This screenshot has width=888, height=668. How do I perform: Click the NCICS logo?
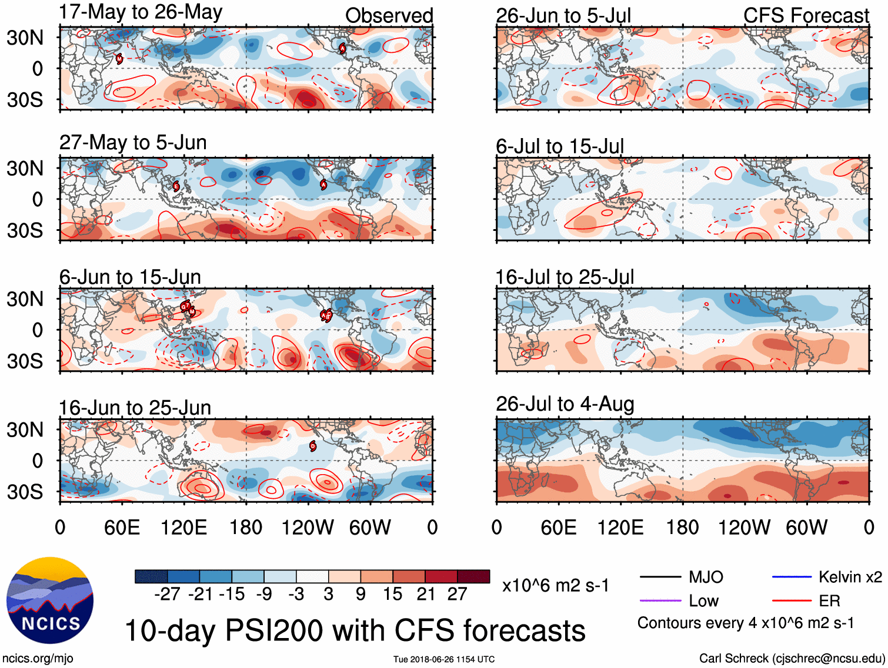coord(50,600)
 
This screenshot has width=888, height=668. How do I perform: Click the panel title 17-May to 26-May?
coord(141,12)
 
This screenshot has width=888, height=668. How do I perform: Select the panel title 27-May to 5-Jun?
coord(133,143)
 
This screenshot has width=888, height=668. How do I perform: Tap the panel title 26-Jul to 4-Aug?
coord(565,404)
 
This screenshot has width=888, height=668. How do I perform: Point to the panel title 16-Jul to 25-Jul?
coord(565,277)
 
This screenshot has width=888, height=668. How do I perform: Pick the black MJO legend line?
coord(660,577)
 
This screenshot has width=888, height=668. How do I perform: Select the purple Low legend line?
coord(660,600)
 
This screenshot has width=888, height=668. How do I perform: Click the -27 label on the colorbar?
coord(167,595)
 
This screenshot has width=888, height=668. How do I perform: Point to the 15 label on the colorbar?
coord(392,595)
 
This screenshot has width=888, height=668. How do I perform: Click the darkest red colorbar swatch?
coord(473,576)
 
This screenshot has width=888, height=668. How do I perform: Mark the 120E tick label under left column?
coord(183,528)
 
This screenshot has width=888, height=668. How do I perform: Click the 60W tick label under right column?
coord(806,528)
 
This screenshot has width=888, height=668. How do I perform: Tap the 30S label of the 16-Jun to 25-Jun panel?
coord(25,492)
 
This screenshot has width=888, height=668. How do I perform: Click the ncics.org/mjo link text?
coord(38,659)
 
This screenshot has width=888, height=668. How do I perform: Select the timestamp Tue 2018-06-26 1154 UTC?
coord(444,659)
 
